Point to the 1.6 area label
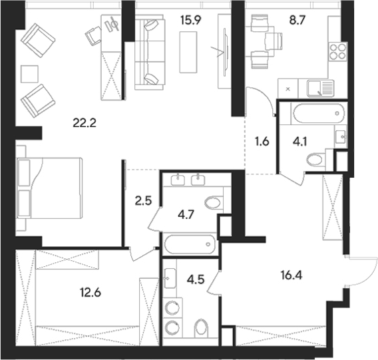[262, 140]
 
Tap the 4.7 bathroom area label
[184, 214]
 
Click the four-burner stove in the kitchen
[337, 53]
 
